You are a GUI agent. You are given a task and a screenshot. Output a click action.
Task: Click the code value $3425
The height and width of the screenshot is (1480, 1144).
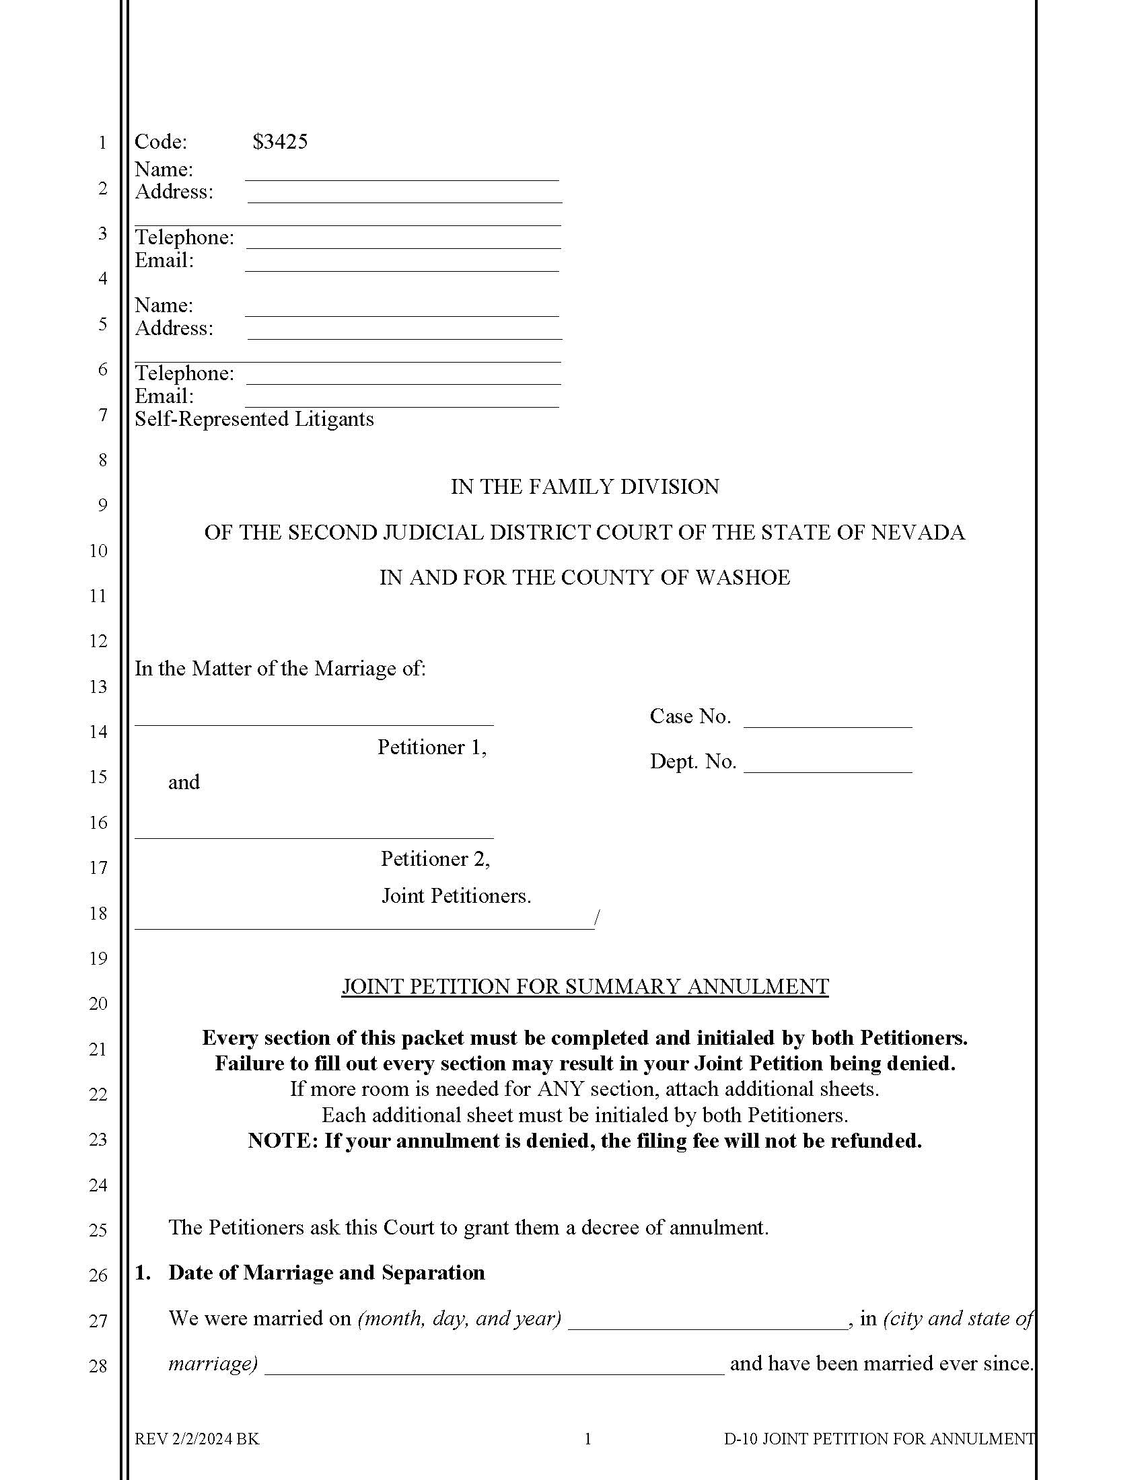[280, 142]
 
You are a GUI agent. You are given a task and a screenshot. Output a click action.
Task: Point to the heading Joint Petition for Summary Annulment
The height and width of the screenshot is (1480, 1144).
[584, 986]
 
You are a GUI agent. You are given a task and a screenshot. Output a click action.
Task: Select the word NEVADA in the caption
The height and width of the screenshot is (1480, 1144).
[918, 533]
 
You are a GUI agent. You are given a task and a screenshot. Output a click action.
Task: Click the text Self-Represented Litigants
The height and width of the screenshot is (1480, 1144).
[254, 419]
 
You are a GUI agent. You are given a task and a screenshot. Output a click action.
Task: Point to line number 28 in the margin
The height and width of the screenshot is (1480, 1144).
[98, 1366]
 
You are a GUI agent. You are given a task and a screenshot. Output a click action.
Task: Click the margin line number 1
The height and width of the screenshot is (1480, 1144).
[102, 143]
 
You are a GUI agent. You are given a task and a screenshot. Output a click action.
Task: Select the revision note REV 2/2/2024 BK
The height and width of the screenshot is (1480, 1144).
[196, 1440]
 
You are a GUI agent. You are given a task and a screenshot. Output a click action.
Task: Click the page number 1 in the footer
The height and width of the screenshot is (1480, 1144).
[587, 1440]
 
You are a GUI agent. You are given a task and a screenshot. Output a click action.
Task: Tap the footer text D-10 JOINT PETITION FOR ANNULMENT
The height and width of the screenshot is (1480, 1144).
[879, 1440]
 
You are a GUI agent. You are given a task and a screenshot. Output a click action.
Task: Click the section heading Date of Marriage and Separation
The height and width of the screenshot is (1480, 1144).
[326, 1273]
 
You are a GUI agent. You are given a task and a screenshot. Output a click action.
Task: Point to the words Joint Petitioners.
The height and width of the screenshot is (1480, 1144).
[456, 896]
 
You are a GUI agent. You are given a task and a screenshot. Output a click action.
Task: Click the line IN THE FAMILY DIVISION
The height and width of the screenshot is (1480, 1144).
[584, 486]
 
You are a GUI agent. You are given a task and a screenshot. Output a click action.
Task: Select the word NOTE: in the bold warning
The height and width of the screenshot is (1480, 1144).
[283, 1141]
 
